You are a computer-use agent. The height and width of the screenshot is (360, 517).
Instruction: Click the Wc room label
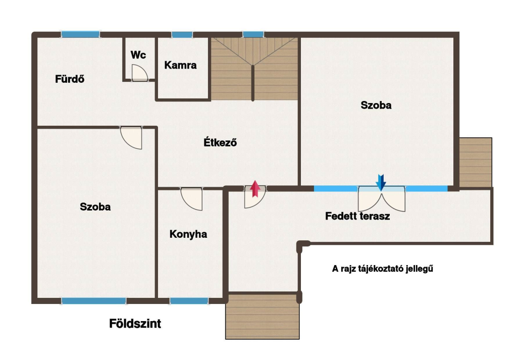click(x=138, y=55)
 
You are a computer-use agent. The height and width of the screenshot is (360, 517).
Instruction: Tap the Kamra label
click(x=180, y=65)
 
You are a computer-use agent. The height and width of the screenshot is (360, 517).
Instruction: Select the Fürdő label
click(x=70, y=79)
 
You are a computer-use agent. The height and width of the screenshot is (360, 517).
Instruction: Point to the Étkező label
click(x=220, y=142)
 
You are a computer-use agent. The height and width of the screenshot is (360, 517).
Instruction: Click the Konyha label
click(x=188, y=234)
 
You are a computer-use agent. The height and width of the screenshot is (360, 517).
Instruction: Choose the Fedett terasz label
click(x=357, y=216)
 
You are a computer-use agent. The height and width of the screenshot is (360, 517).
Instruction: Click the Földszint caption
click(x=135, y=324)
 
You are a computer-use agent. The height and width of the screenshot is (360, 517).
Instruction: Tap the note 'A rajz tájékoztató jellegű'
click(x=383, y=269)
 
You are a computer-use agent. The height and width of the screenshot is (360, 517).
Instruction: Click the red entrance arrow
click(x=255, y=189)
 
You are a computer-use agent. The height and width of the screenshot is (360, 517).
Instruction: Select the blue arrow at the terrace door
click(x=381, y=183)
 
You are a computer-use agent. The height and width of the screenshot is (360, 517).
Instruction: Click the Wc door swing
click(x=139, y=73)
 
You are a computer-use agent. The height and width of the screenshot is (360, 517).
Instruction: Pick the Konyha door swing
click(x=191, y=199)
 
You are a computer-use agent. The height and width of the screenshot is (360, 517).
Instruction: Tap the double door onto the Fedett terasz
click(x=382, y=199)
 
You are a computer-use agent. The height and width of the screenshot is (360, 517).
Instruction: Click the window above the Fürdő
click(x=80, y=34)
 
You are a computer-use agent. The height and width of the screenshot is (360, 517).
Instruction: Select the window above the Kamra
click(x=182, y=35)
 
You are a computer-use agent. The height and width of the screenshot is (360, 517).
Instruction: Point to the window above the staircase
click(x=253, y=34)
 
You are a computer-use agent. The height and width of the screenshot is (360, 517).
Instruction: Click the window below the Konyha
click(x=189, y=300)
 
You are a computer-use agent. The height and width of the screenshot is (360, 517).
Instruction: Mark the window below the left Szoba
click(x=94, y=300)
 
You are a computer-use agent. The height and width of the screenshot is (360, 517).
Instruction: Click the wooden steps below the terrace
click(x=263, y=316)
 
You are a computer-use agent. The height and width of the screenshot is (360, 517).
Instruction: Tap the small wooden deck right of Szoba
click(x=476, y=163)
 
